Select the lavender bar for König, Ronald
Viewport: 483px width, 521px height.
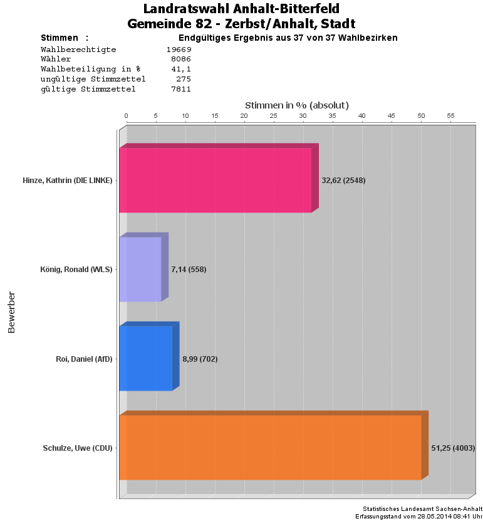pos(140,270)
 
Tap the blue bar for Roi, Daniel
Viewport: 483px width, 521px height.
pos(145,359)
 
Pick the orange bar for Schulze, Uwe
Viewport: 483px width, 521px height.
pos(270,448)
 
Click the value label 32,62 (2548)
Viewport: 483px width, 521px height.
pos(343,181)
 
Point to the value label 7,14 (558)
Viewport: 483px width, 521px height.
pos(189,270)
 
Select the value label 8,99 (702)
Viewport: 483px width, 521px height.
pos(200,359)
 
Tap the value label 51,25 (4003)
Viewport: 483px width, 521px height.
pos(453,448)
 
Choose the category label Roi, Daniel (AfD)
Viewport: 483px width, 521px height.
pos(84,359)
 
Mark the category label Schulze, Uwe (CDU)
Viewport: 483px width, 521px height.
pos(78,448)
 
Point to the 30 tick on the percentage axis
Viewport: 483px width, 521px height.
pos(303,116)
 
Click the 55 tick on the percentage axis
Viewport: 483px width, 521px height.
pos(450,116)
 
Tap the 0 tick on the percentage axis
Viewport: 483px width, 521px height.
pos(126,116)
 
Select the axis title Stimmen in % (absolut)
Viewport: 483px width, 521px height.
pos(296,105)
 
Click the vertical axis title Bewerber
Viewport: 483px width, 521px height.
pos(11,312)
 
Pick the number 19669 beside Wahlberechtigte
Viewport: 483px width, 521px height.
pos(178,49)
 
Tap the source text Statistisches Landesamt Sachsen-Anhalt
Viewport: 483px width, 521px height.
pos(422,508)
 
